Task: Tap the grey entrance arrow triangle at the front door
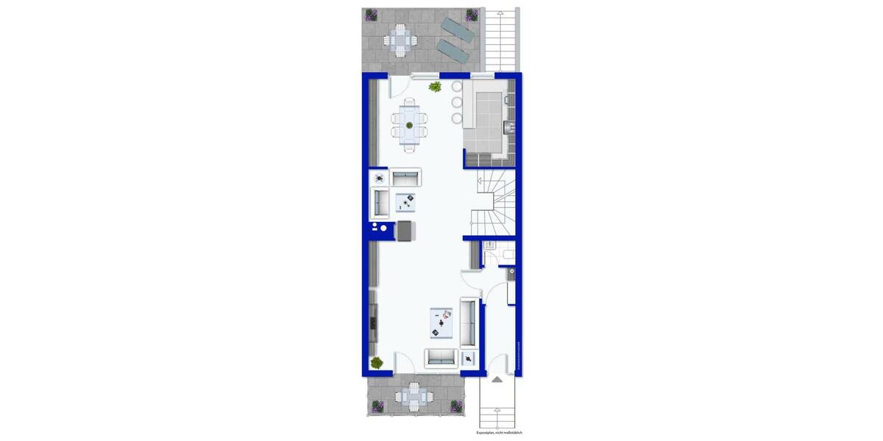tap(497, 379)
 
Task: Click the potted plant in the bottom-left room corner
tap(377, 362)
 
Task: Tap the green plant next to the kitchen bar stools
tap(435, 87)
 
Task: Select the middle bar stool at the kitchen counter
tap(456, 102)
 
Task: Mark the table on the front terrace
tap(409, 398)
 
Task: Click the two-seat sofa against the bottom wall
tap(441, 358)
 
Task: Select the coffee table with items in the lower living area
tap(443, 322)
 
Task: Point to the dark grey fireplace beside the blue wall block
tap(406, 230)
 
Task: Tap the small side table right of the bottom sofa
tap(469, 359)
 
